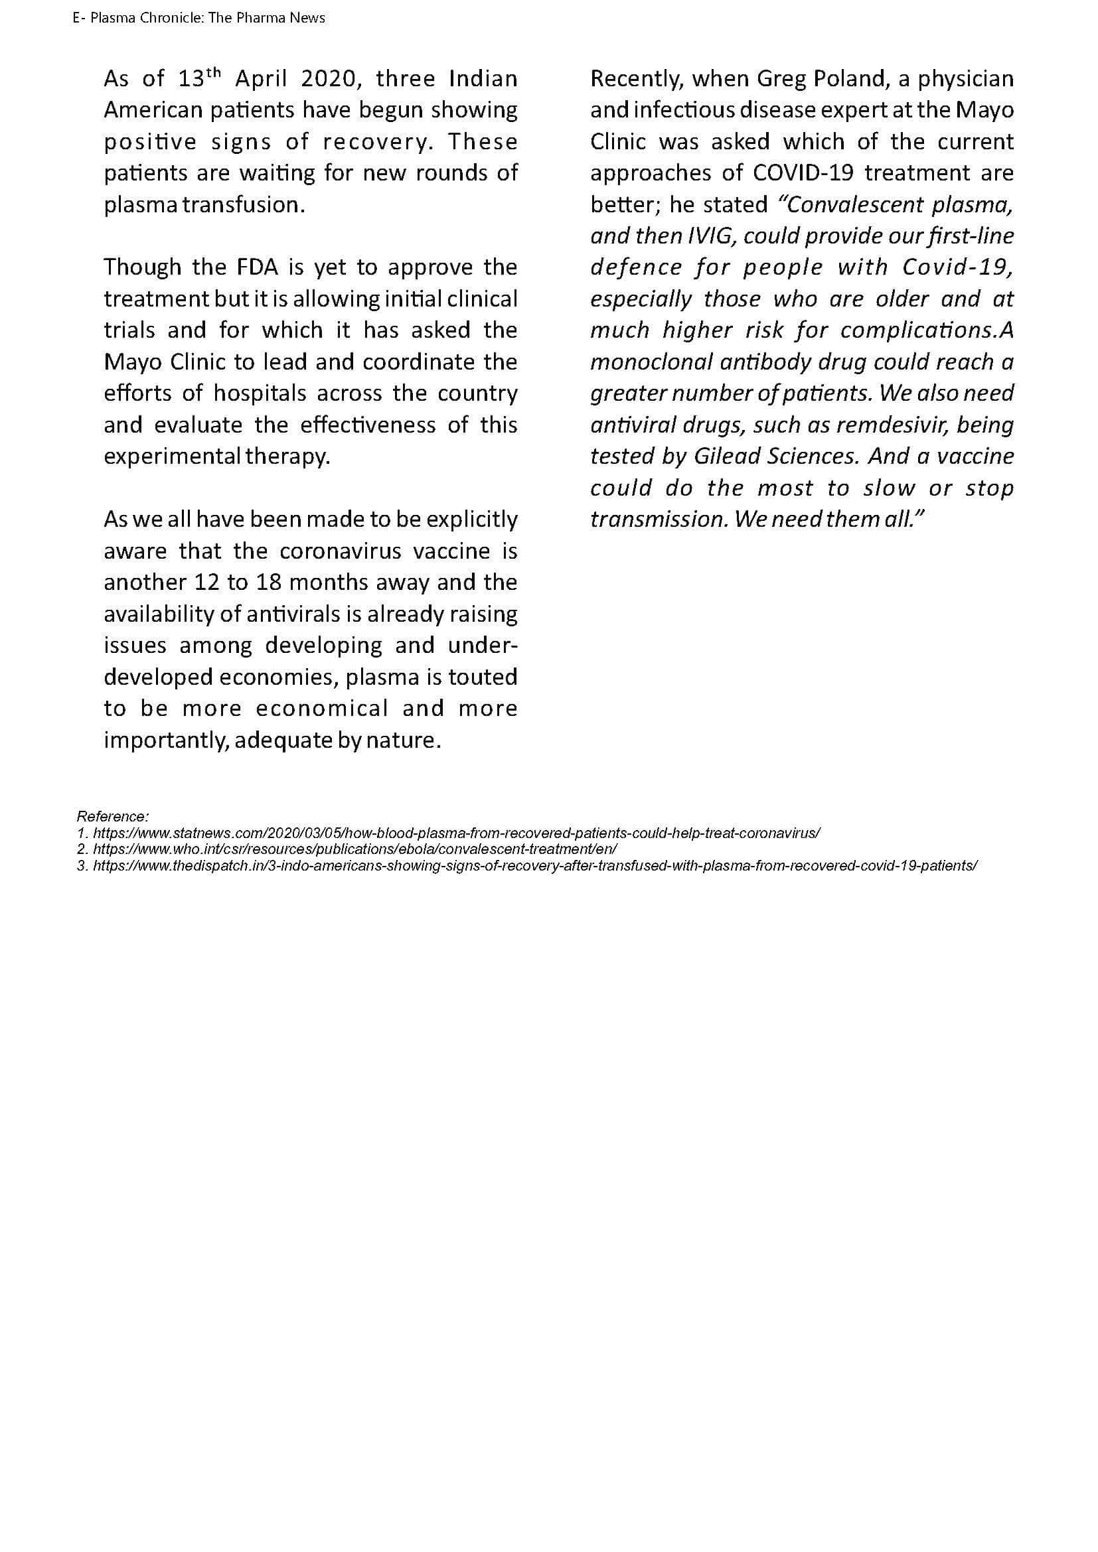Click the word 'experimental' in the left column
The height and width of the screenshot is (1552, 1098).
[172, 457]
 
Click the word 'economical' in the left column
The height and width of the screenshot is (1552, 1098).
[322, 709]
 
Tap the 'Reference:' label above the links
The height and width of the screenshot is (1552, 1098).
[113, 817]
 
